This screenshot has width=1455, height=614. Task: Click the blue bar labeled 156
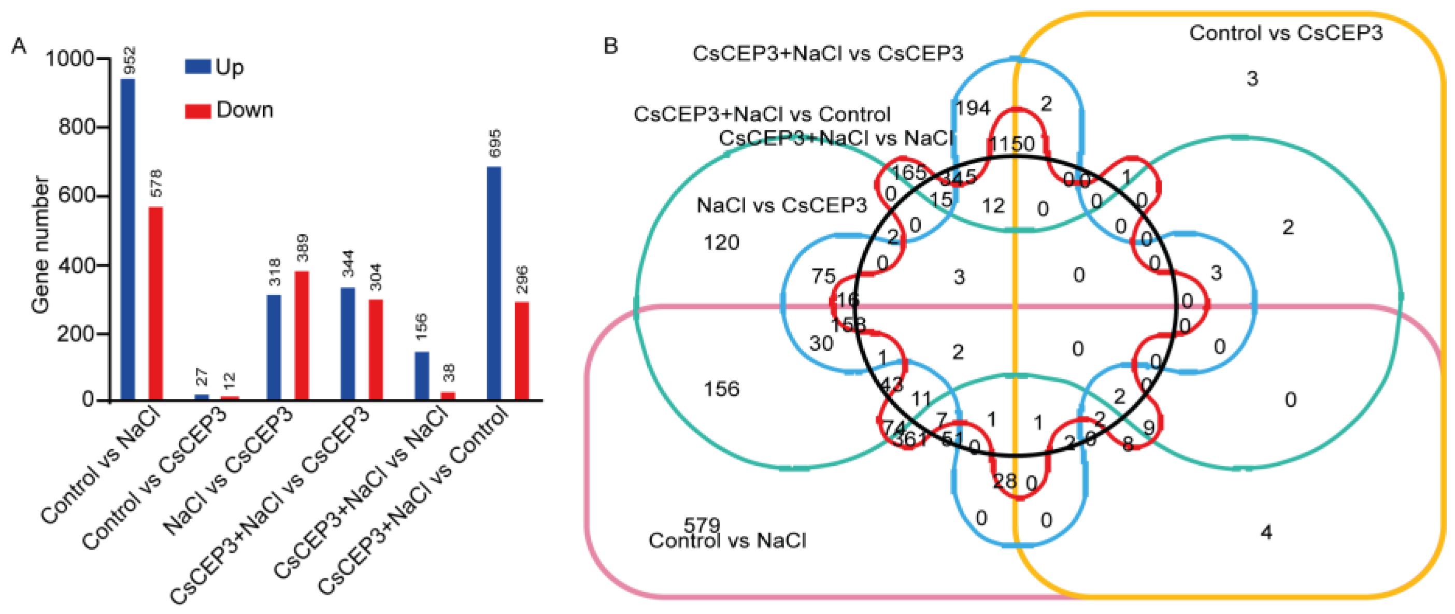click(421, 376)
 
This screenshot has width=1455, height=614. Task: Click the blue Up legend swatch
click(198, 67)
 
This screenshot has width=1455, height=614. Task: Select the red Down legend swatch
click(198, 110)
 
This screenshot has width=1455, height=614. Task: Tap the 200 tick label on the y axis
click(76, 334)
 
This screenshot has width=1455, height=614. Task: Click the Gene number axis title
click(40, 245)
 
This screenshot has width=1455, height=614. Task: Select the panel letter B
click(610, 46)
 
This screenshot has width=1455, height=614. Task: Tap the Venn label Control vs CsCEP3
click(1286, 33)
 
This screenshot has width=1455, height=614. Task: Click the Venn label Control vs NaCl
click(727, 540)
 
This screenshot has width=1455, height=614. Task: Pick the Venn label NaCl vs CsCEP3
click(781, 205)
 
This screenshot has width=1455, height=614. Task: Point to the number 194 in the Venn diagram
click(973, 107)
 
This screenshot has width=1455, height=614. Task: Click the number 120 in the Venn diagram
click(721, 243)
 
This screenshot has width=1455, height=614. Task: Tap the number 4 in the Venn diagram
click(1266, 532)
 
